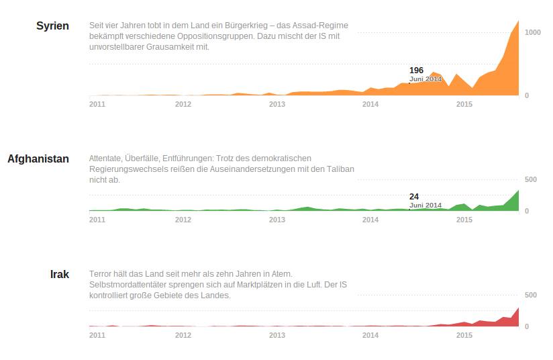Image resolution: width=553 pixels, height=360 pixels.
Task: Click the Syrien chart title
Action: [52, 26]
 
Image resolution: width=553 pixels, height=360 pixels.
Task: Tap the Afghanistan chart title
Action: [38, 159]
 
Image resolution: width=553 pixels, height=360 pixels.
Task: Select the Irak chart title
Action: [60, 275]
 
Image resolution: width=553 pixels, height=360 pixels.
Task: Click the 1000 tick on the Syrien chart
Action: [532, 32]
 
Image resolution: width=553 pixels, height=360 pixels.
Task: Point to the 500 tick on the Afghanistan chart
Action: [530, 179]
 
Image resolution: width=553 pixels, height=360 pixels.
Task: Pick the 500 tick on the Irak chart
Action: [530, 295]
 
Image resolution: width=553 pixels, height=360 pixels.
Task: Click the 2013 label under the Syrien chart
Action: [277, 104]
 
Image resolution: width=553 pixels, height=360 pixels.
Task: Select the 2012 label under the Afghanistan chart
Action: [183, 220]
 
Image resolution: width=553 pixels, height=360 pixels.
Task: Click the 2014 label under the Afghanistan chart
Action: [370, 220]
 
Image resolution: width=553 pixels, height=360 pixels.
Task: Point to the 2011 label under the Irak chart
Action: [97, 335]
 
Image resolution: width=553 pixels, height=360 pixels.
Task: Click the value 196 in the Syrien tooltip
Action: [416, 71]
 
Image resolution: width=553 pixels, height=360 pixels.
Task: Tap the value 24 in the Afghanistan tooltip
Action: [414, 197]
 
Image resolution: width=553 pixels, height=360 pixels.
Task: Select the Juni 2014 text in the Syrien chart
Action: [425, 79]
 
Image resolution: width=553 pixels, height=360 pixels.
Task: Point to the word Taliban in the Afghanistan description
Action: [340, 169]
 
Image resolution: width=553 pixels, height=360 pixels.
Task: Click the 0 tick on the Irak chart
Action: [527, 326]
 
